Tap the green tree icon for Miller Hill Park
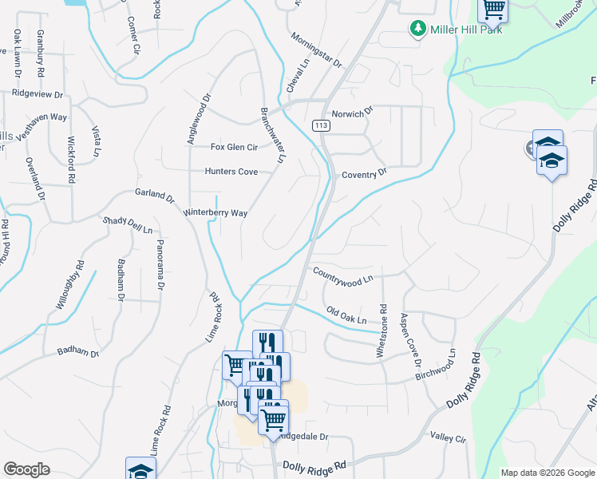(417, 30)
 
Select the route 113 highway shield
(321, 126)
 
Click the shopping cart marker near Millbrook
(493, 10)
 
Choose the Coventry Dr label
(364, 172)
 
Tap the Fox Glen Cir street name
(234, 147)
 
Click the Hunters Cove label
(231, 172)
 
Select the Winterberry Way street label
(215, 213)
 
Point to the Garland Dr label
(154, 194)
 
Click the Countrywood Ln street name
(343, 275)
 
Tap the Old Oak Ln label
(346, 315)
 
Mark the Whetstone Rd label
(382, 329)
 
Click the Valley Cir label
(448, 437)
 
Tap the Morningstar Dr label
(316, 50)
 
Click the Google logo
(26, 469)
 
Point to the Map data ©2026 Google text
(547, 473)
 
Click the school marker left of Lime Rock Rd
(140, 469)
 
